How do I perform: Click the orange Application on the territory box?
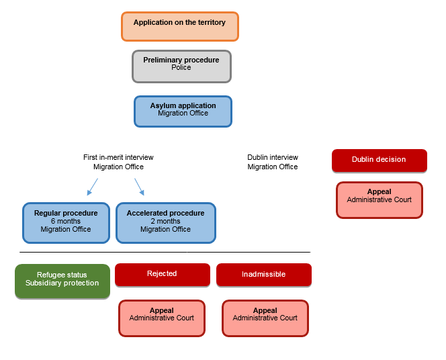pos(179,26)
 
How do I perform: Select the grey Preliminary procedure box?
pos(181,66)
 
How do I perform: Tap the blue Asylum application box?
pos(183,111)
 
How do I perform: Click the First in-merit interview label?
pos(118,162)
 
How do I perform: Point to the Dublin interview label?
pos(272,162)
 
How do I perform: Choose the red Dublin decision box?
pos(379,160)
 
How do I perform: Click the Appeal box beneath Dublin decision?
pos(379,199)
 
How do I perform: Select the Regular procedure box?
pos(65,222)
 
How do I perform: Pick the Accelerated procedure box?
pos(165,222)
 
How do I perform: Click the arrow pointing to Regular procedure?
pos(92,186)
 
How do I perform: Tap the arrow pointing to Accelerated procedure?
pos(139,186)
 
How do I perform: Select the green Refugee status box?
pos(62,280)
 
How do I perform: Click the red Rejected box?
pos(162,274)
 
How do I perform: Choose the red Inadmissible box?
pos(263,274)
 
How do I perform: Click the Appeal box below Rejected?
pos(162,318)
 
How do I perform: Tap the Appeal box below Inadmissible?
pos(265,318)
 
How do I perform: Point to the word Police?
pos(181,68)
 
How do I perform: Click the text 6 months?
pos(65,222)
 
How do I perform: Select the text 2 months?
pos(165,222)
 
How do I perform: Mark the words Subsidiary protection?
pos(62,283)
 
